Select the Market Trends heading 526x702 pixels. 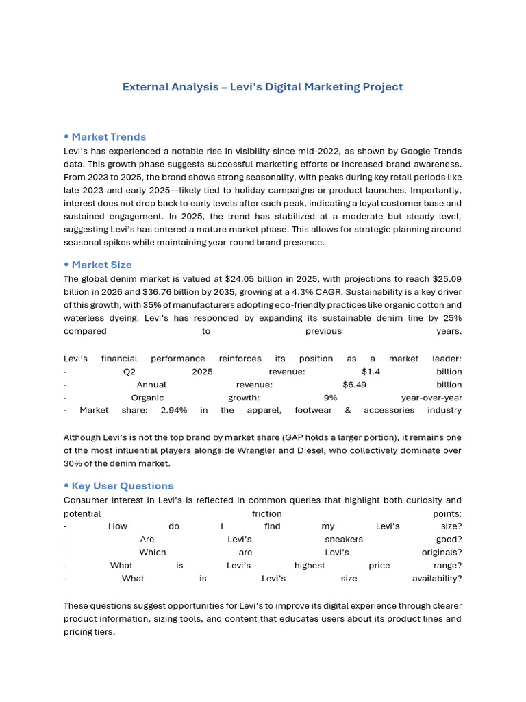coord(108,136)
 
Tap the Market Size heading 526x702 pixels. coord(101,265)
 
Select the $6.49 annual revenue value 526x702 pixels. coord(354,385)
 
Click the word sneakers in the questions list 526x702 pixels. coord(344,540)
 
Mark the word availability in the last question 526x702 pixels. coord(437,579)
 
